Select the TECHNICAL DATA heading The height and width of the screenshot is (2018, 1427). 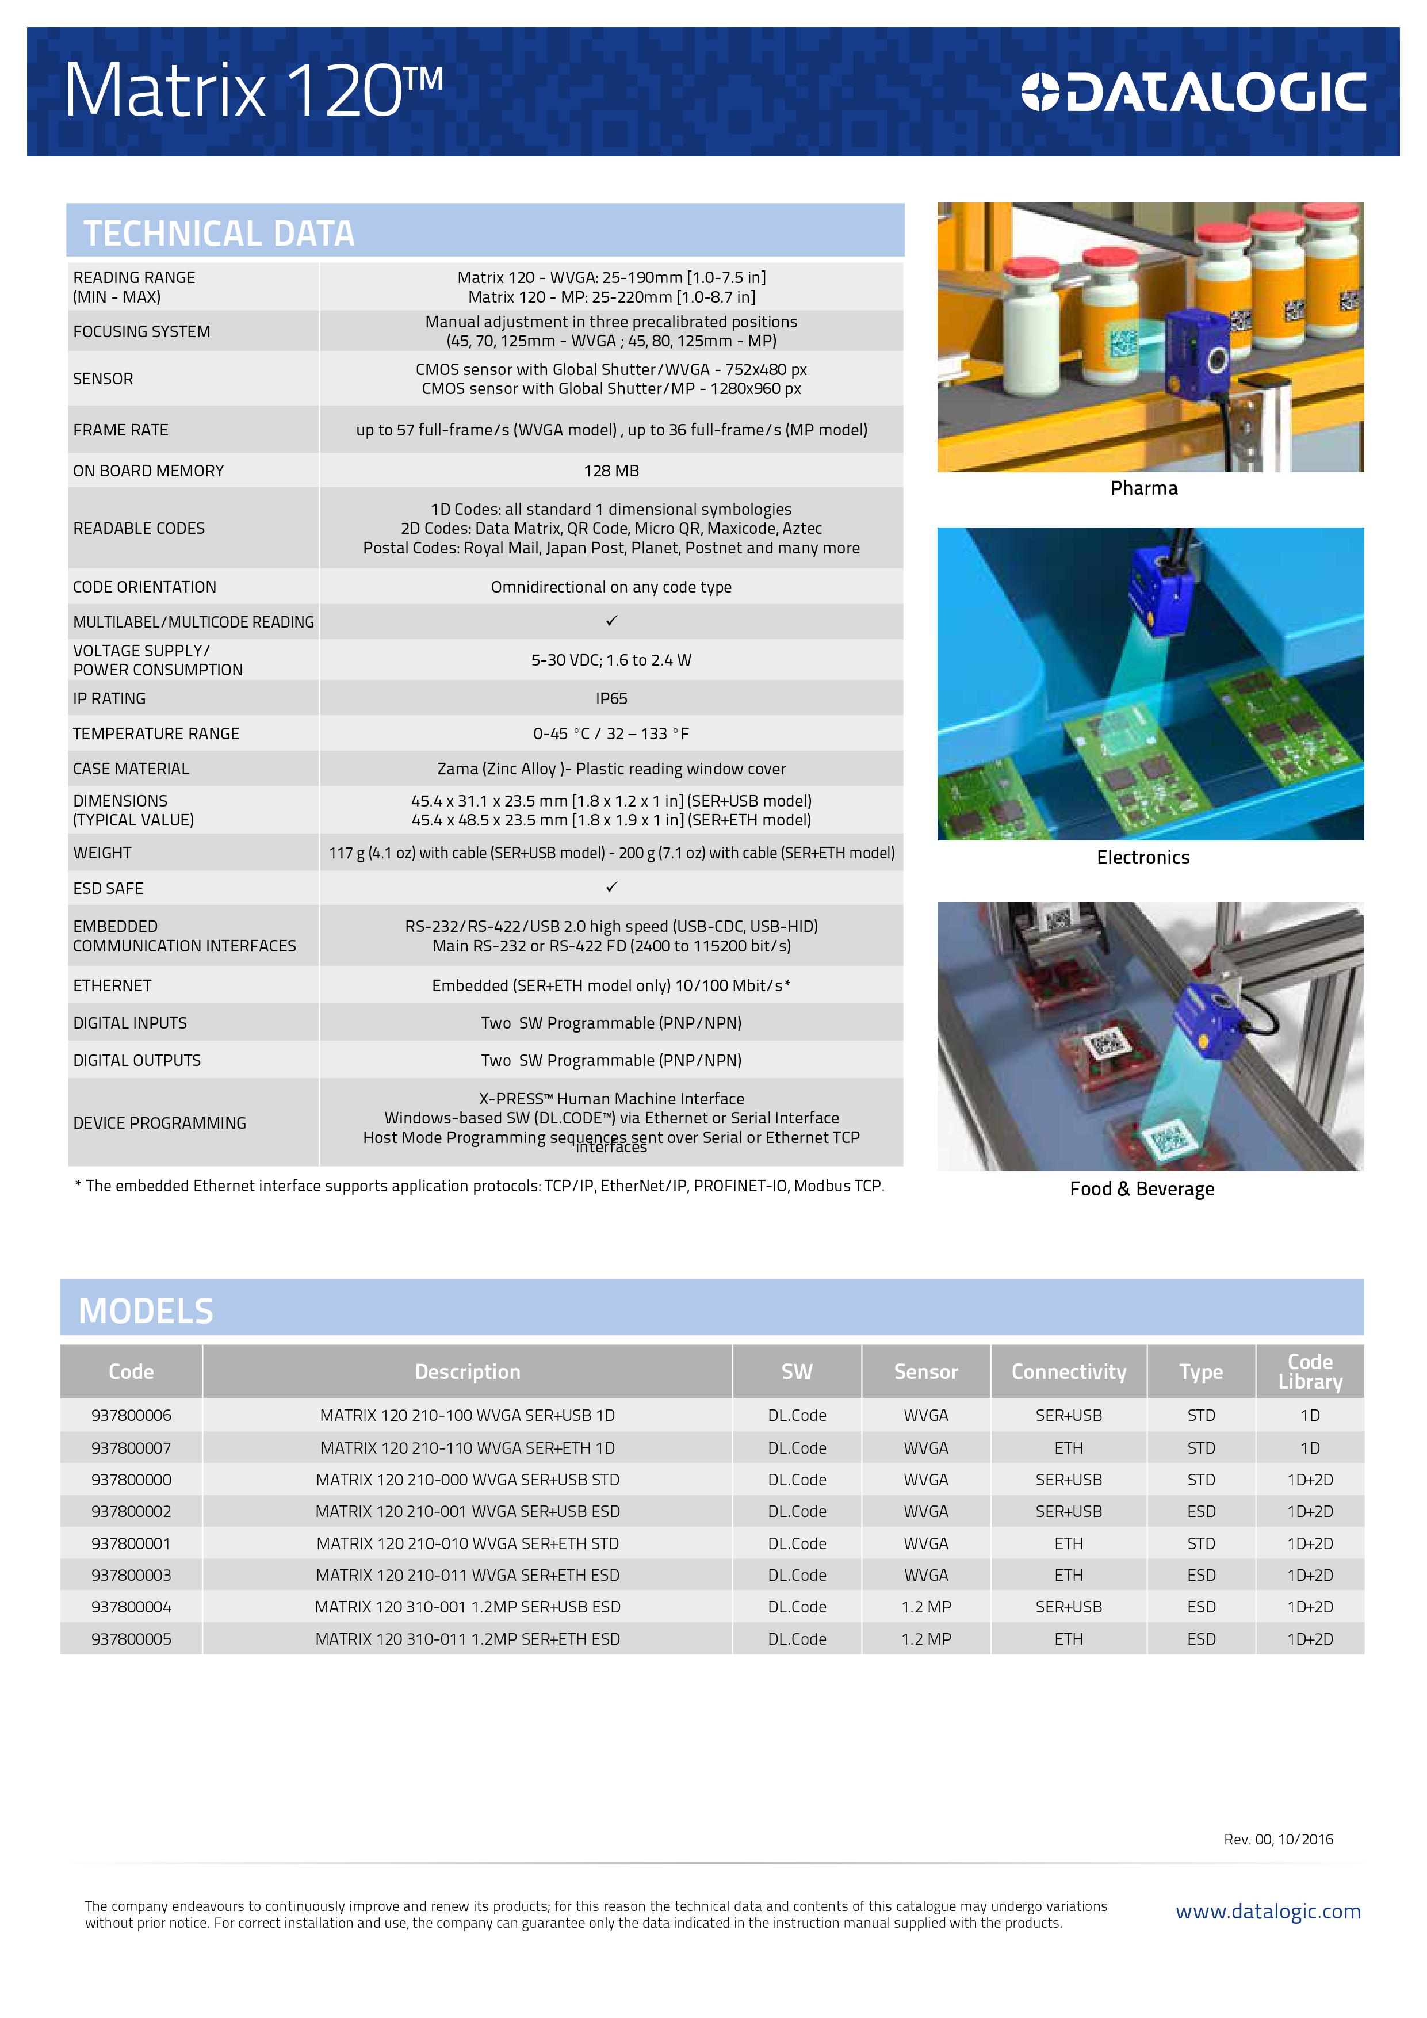(219, 234)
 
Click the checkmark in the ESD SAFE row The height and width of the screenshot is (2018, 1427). (611, 888)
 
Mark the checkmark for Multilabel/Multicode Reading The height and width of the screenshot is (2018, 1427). (611, 621)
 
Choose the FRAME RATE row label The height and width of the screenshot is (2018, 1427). (120, 430)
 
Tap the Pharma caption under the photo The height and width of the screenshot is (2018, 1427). (1143, 488)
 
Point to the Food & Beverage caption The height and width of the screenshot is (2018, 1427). (1141, 1189)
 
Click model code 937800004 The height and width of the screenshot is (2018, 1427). (131, 1607)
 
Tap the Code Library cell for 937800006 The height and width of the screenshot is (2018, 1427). (1309, 1416)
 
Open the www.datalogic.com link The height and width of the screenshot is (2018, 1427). (1267, 1912)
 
